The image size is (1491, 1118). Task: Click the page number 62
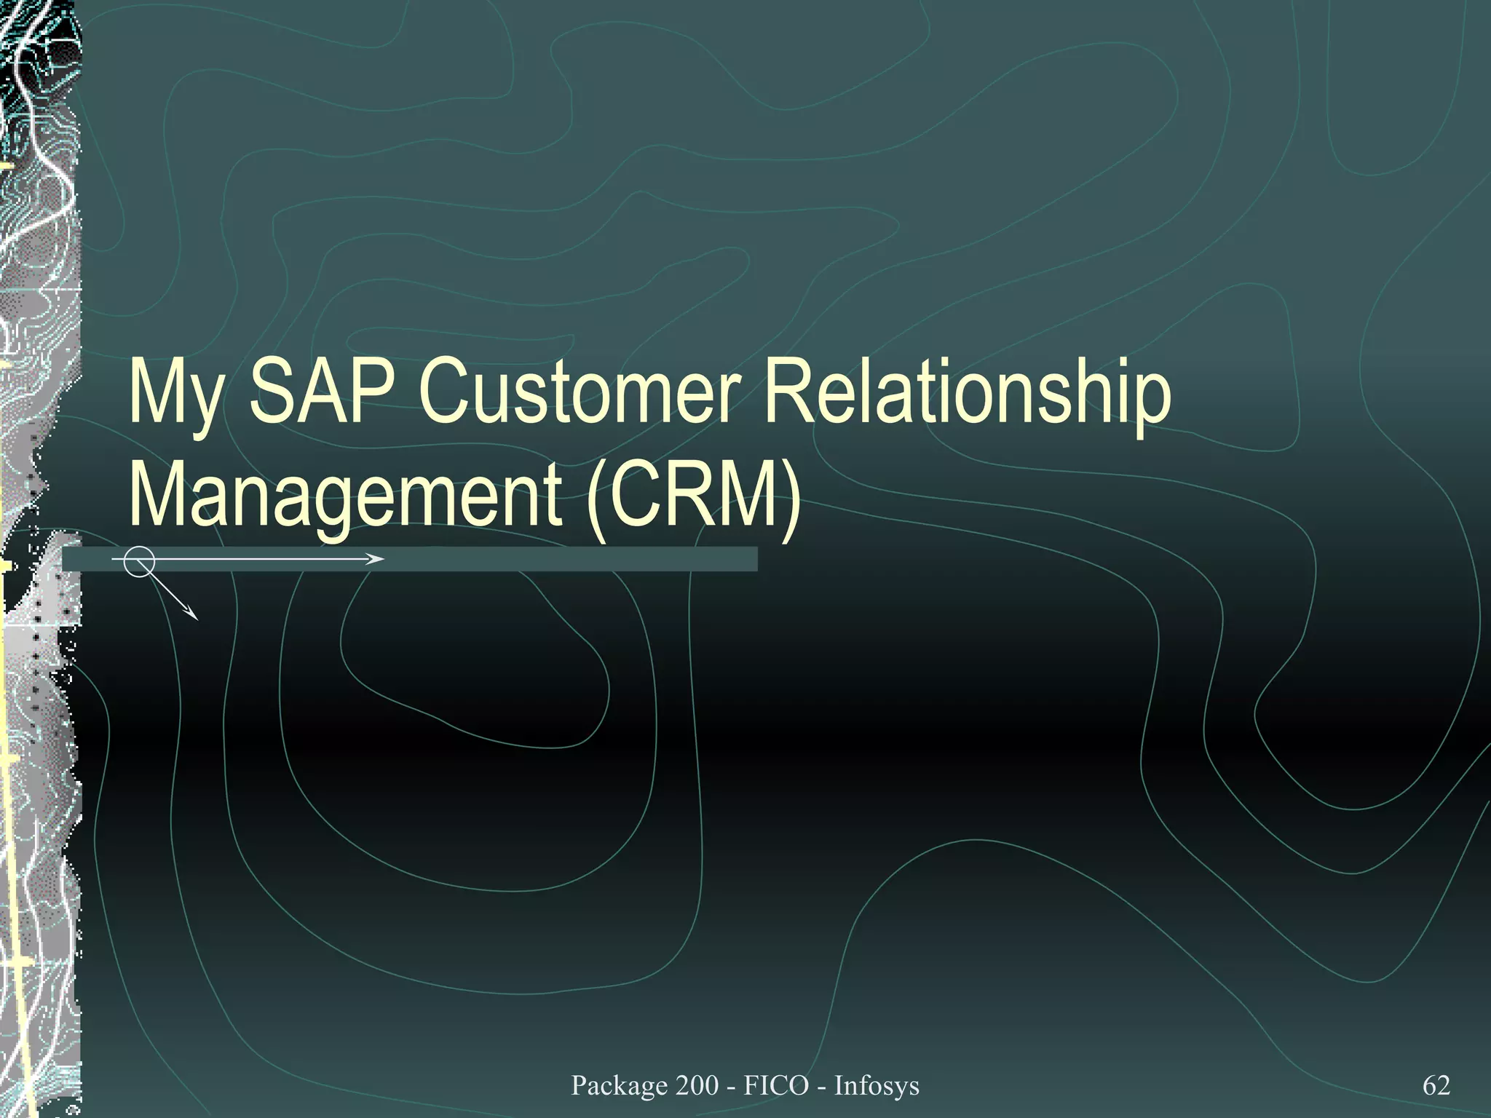coord(1436,1085)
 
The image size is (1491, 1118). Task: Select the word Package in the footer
coord(620,1085)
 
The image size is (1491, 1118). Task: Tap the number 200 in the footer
coord(697,1085)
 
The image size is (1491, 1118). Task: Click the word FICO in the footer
coord(776,1085)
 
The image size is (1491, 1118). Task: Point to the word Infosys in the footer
coord(877,1085)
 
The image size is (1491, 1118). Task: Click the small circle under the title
coord(138,561)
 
